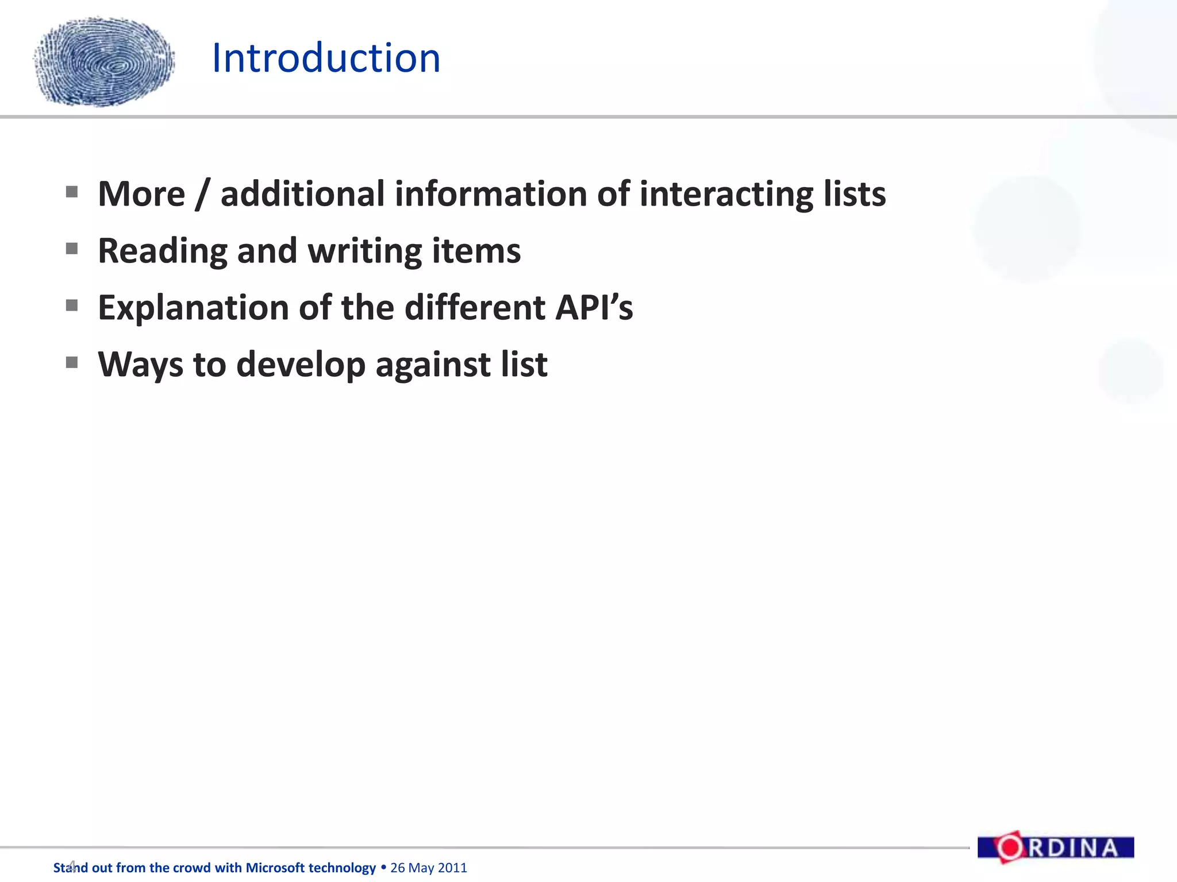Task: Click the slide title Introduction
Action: [x=326, y=59]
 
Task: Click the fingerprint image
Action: [x=105, y=62]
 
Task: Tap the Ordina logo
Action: [x=1055, y=848]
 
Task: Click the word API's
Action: [x=594, y=308]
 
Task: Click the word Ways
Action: [x=140, y=365]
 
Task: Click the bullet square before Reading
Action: [x=72, y=249]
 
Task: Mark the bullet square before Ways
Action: [x=72, y=362]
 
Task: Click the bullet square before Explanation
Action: [x=72, y=305]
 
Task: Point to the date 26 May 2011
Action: [x=429, y=868]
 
